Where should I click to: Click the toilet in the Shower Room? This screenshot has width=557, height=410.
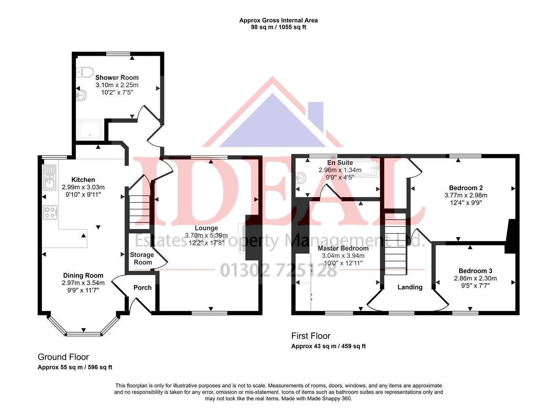pyautogui.click(x=85, y=71)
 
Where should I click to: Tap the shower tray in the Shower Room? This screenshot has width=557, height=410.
pyautogui.click(x=90, y=129)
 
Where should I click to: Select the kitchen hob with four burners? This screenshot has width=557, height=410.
pyautogui.click(x=50, y=212)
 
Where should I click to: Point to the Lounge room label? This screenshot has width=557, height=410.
pyautogui.click(x=206, y=228)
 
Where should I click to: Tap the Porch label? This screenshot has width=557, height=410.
pyautogui.click(x=142, y=288)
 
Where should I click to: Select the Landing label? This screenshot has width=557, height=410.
pyautogui.click(x=410, y=287)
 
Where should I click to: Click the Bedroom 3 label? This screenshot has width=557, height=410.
pyautogui.click(x=475, y=271)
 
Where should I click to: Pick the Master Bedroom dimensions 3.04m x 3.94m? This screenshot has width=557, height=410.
pyautogui.click(x=343, y=256)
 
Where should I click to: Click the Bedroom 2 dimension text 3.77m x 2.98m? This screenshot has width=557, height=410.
pyautogui.click(x=465, y=196)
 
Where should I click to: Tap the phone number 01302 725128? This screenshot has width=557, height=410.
pyautogui.click(x=278, y=270)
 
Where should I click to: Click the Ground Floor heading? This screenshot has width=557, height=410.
pyautogui.click(x=63, y=357)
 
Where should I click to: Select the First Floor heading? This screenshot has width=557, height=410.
pyautogui.click(x=311, y=336)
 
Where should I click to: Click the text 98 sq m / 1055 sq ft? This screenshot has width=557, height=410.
pyautogui.click(x=278, y=27)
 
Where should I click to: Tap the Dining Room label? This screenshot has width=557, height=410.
pyautogui.click(x=83, y=276)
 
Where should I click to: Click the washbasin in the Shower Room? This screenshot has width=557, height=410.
pyautogui.click(x=82, y=94)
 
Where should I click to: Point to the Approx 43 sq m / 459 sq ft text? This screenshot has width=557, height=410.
pyautogui.click(x=328, y=346)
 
